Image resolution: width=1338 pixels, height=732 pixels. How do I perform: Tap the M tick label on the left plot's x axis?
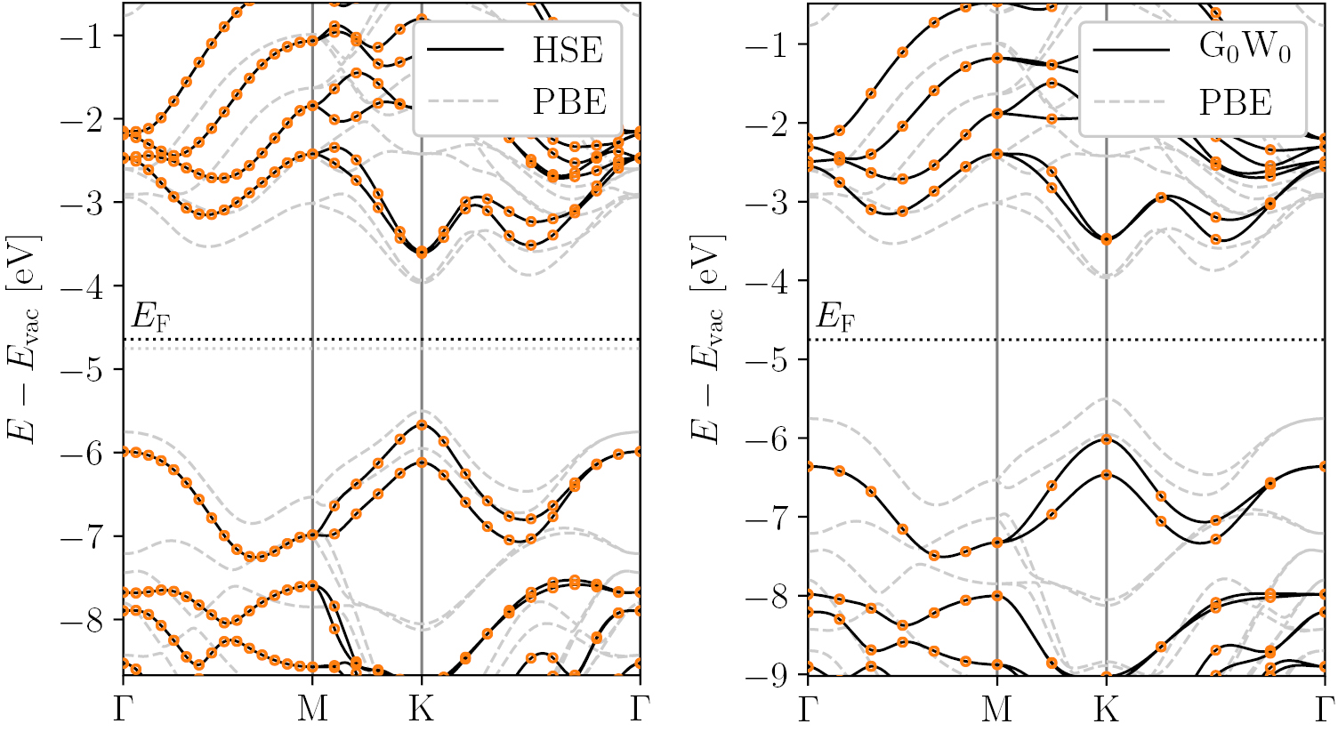pyautogui.click(x=312, y=709)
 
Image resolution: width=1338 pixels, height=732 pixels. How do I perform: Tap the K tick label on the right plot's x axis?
pyautogui.click(x=1106, y=709)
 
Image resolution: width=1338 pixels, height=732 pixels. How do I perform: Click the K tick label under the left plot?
pyautogui.click(x=421, y=709)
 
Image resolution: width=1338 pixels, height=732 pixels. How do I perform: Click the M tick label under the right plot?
pyautogui.click(x=996, y=709)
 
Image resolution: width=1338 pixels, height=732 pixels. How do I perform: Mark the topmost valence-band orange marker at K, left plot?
pyautogui.click(x=422, y=424)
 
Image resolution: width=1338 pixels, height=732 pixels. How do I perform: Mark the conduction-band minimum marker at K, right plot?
pyautogui.click(x=1106, y=239)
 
